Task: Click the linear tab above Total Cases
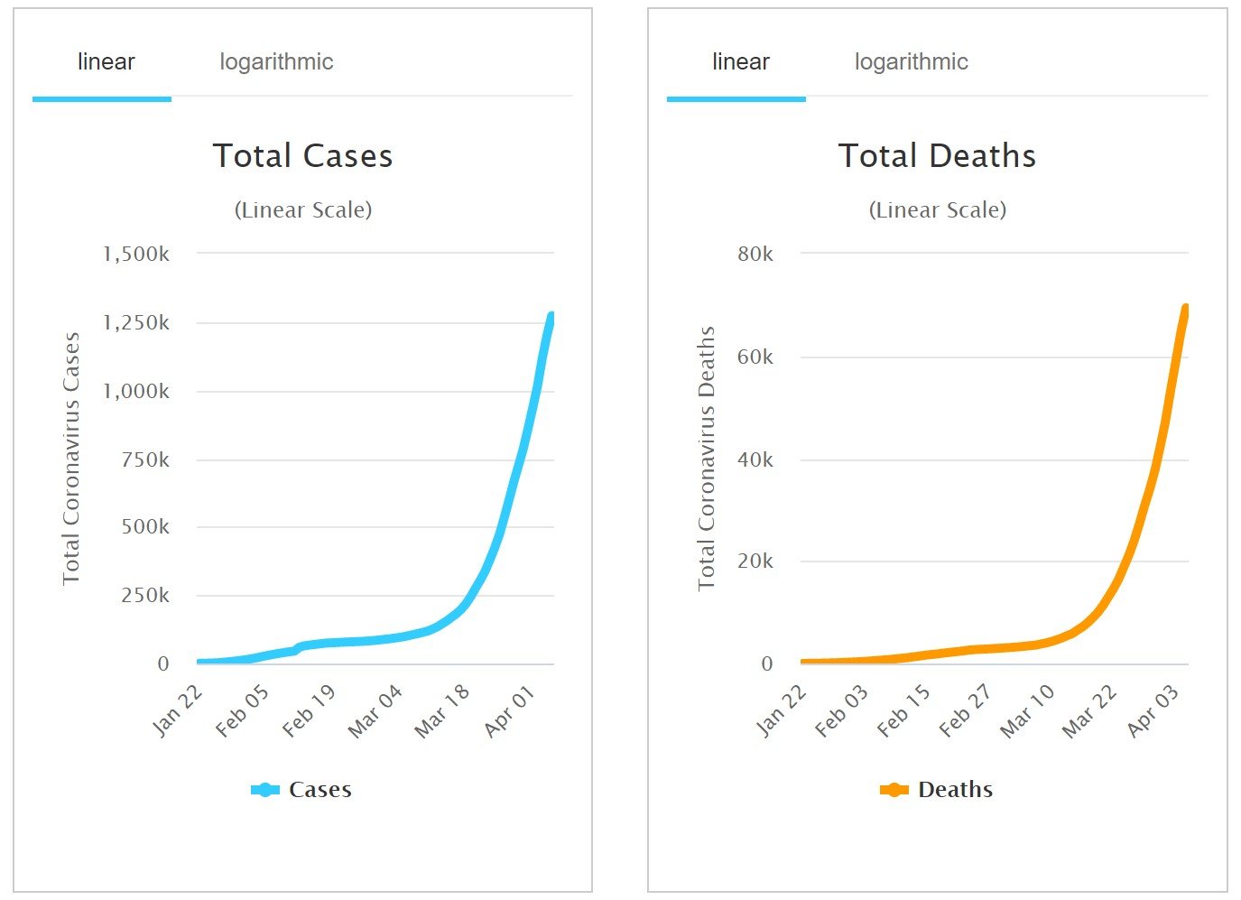click(106, 62)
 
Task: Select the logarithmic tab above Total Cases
click(276, 62)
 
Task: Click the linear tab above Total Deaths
click(740, 62)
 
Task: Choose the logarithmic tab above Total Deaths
click(911, 62)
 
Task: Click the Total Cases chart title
click(302, 156)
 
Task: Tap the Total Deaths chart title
click(937, 156)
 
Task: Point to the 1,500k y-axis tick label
click(136, 255)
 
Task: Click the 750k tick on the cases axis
click(145, 460)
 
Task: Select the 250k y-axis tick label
click(145, 596)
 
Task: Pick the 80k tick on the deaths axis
click(755, 255)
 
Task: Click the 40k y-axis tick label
click(755, 460)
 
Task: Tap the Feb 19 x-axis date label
click(310, 710)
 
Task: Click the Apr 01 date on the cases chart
click(511, 710)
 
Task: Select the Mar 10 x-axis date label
click(1028, 710)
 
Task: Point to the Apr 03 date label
click(1153, 710)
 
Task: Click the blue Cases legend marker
click(264, 790)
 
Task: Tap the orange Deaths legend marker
click(894, 790)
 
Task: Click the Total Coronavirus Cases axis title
click(71, 459)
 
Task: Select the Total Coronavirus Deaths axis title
click(706, 459)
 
